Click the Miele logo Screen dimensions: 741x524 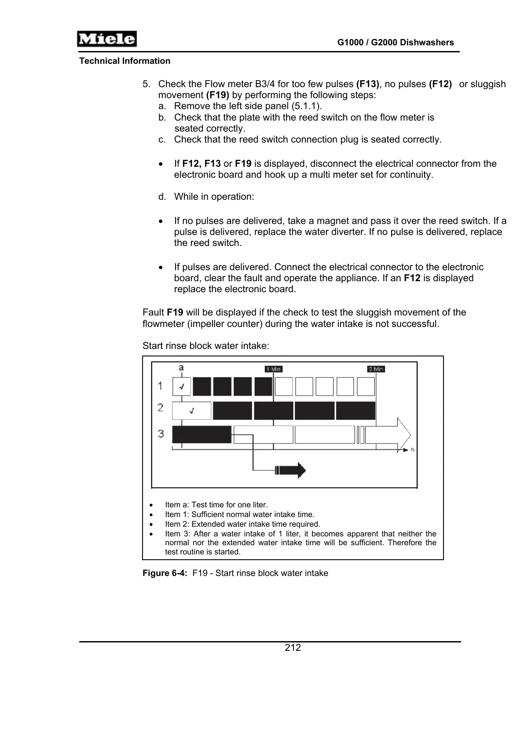(x=107, y=39)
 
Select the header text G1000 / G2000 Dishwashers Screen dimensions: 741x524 (x=396, y=43)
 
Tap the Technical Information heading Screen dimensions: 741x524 (x=125, y=61)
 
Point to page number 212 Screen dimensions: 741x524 (x=293, y=648)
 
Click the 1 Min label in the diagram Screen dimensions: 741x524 (x=274, y=369)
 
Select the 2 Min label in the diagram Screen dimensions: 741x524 (x=376, y=369)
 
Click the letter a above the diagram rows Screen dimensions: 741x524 (x=181, y=368)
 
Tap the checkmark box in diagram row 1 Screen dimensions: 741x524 (x=181, y=387)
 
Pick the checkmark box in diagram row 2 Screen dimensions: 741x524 (x=191, y=411)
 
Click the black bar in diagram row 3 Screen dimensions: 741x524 (x=202, y=435)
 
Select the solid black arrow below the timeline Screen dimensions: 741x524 (x=290, y=470)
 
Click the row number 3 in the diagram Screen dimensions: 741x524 (x=161, y=434)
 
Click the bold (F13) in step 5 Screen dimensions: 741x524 (x=367, y=84)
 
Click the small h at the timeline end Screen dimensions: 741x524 (x=413, y=450)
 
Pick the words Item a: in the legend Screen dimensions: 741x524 (x=177, y=505)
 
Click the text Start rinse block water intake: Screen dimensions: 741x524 (x=206, y=346)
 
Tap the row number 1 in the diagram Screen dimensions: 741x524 (x=160, y=386)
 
